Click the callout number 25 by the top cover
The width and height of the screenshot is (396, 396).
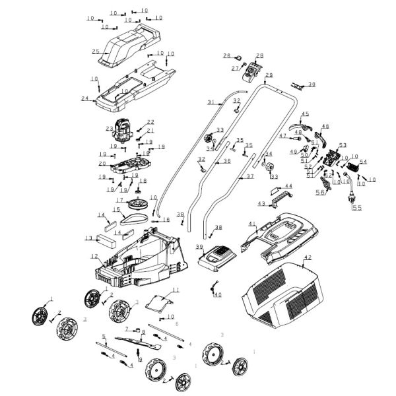[95, 51]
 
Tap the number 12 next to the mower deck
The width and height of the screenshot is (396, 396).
[94, 256]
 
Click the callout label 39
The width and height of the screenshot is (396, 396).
[199, 246]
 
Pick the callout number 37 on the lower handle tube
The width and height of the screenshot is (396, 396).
[250, 177]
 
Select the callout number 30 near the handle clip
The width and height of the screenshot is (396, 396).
[312, 84]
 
